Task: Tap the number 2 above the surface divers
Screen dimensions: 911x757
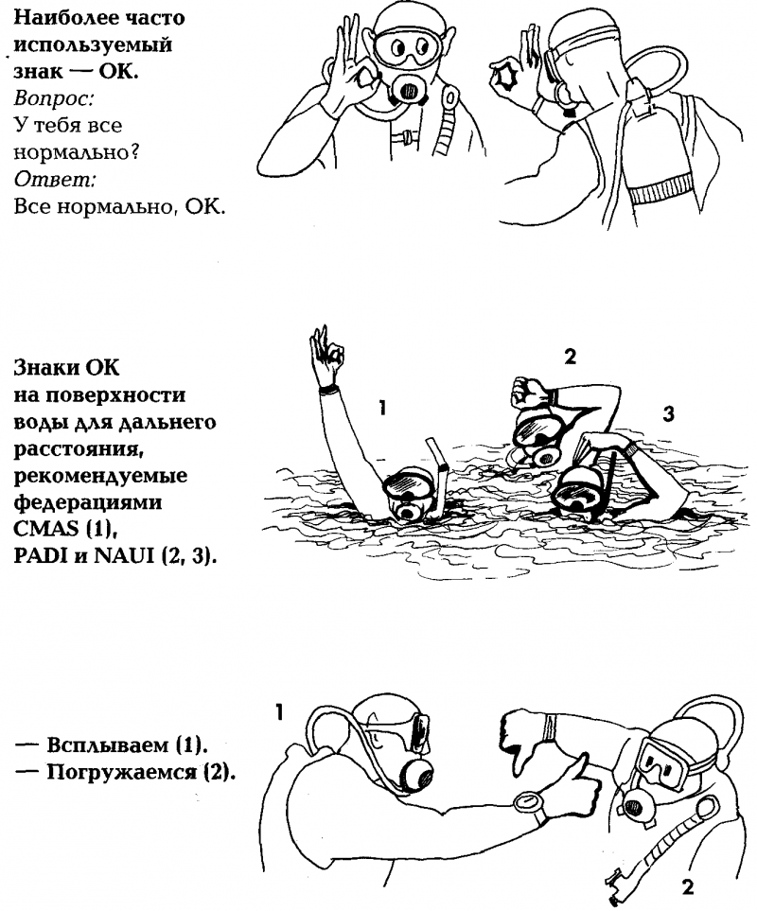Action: [570, 356]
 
